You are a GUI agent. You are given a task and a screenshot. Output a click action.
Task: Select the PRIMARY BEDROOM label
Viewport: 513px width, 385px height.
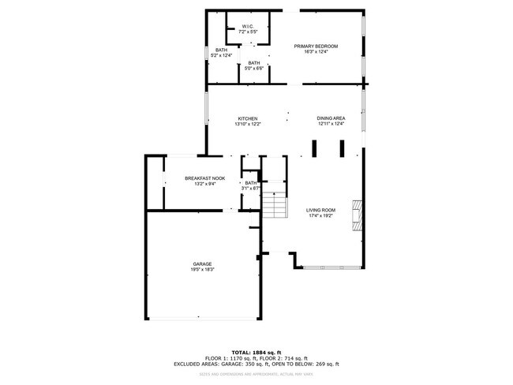click(316, 47)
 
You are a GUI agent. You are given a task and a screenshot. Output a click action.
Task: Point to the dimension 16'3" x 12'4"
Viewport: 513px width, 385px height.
click(316, 52)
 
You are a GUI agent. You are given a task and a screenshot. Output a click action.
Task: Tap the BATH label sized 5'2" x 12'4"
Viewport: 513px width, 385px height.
click(221, 50)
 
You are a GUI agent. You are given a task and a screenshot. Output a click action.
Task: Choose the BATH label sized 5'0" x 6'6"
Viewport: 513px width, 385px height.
click(253, 63)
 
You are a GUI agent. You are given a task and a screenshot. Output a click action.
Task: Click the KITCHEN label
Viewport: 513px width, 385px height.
click(247, 119)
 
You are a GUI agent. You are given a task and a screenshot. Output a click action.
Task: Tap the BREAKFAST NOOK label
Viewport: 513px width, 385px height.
click(204, 178)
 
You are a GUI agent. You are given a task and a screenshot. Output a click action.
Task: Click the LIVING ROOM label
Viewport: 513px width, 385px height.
click(320, 210)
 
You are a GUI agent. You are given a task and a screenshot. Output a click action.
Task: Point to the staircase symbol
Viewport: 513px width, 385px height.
click(273, 206)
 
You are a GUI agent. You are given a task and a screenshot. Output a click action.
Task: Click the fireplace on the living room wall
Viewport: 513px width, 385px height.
click(358, 213)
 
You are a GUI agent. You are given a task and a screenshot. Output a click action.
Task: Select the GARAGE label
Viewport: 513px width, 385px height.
click(202, 264)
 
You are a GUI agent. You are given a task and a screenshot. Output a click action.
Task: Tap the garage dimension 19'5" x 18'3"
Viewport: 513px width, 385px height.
click(202, 269)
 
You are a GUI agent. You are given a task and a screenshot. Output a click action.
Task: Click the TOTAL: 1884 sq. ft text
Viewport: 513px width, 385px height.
click(256, 351)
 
